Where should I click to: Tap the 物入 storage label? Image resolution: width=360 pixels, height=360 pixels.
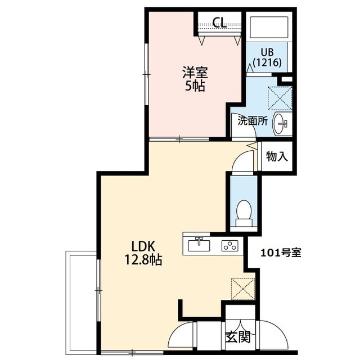pyautogui.click(x=277, y=156)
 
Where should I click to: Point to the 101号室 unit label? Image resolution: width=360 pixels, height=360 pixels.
pyautogui.click(x=281, y=253)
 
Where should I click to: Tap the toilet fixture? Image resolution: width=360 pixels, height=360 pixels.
pyautogui.click(x=244, y=213)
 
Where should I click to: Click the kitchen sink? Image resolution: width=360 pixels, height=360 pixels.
pyautogui.click(x=199, y=245)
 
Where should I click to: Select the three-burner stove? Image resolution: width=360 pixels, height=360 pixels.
pyautogui.click(x=230, y=245)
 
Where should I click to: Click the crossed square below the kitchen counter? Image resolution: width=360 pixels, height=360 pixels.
pyautogui.click(x=244, y=290)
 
